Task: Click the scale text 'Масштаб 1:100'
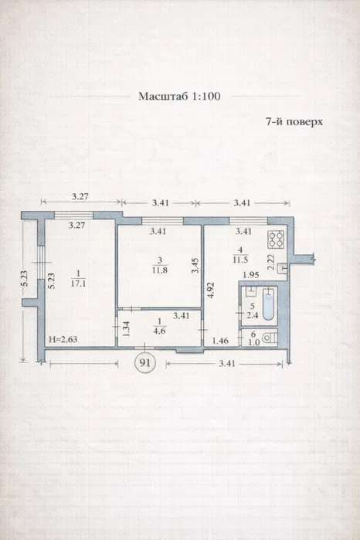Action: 179,96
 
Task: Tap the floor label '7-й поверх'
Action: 294,121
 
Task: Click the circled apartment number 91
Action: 145,362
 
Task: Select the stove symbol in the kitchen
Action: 276,239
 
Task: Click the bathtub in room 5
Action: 269,304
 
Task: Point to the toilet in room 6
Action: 270,338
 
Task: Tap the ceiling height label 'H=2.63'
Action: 63,339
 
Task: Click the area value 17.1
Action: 78,284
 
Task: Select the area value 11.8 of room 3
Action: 159,270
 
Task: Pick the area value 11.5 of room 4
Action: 240,260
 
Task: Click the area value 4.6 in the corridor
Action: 159,331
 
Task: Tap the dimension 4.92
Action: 211,290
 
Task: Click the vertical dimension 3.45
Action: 195,266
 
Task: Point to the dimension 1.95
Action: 251,275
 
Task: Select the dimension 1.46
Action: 220,341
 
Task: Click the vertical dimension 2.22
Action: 271,262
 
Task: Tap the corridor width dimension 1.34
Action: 126,328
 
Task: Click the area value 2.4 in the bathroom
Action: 253,314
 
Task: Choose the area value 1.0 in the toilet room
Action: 253,343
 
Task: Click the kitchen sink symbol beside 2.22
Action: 283,268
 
